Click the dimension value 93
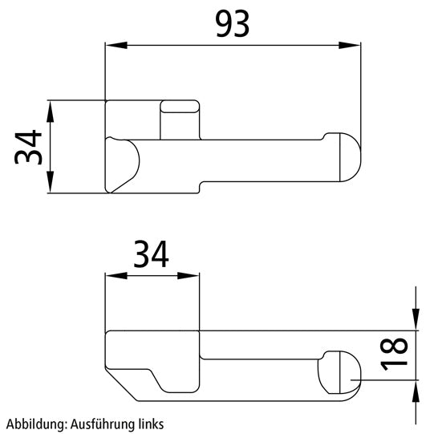[232, 25]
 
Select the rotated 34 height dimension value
[30, 148]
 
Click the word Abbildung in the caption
[29, 422]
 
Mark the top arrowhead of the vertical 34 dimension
[50, 109]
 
